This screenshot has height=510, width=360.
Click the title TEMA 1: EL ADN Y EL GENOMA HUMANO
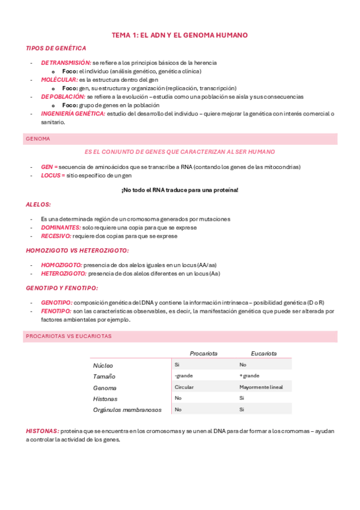(180, 35)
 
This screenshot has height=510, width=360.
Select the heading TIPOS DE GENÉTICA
(56, 48)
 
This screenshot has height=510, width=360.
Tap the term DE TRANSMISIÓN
(66, 63)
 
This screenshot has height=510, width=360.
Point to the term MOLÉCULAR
(59, 79)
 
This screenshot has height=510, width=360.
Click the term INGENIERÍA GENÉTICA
(73, 113)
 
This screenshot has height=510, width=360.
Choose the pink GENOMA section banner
(180, 139)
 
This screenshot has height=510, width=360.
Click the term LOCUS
(53, 175)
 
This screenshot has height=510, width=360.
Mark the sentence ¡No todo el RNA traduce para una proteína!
(180, 190)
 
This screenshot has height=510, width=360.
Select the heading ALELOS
(38, 204)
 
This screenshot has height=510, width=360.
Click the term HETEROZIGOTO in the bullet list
(64, 273)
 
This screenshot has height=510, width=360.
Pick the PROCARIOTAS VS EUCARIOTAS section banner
(180, 336)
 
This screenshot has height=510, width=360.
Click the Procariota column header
(203, 353)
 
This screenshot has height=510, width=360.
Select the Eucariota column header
(264, 353)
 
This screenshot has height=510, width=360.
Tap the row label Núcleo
(103, 365)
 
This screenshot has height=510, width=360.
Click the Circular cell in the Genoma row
(184, 387)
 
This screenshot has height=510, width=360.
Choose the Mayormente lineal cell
(261, 387)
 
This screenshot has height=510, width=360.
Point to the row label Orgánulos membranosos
(127, 410)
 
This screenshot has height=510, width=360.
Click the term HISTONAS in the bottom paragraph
(42, 431)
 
